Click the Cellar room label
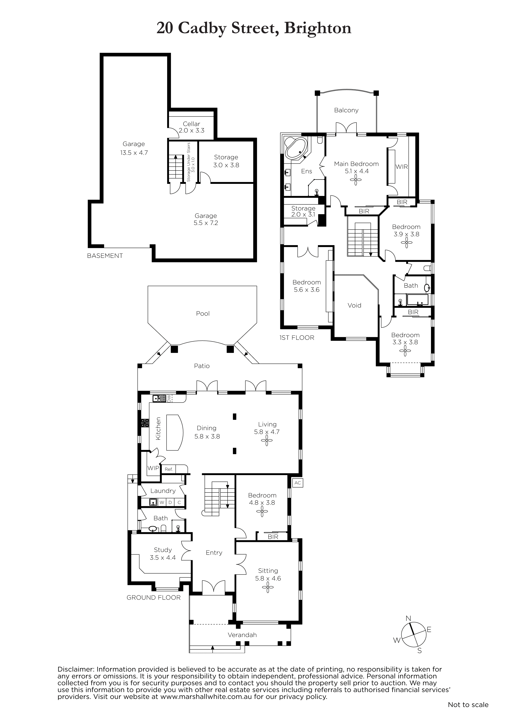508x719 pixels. tap(191, 124)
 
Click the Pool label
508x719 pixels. tap(203, 313)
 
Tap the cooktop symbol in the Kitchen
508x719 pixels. tap(145, 423)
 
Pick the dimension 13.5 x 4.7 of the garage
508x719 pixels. tap(134, 153)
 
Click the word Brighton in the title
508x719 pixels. tap(318, 28)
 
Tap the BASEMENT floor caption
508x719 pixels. tap(105, 256)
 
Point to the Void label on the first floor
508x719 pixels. tap(354, 305)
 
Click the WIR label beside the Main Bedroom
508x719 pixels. tap(401, 167)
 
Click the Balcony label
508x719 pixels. tap(346, 110)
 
